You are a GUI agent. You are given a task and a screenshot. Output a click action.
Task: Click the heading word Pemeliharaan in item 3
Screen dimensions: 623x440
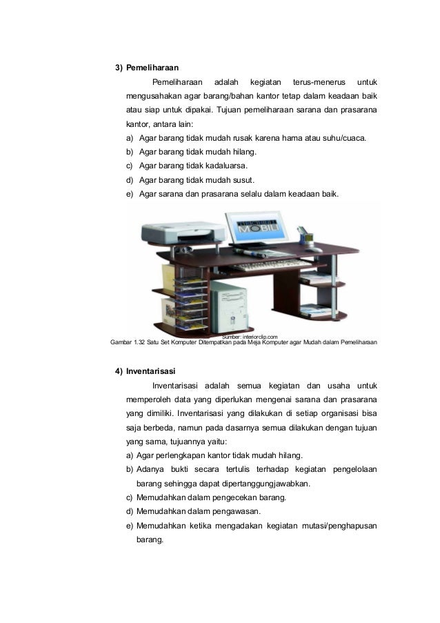tap(152, 68)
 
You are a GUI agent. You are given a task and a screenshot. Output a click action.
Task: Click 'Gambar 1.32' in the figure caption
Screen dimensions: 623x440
tap(127, 342)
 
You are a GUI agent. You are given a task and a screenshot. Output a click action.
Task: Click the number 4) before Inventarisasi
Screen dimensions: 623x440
tap(119, 370)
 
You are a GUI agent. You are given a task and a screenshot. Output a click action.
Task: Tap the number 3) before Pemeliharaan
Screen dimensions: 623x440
tap(119, 68)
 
